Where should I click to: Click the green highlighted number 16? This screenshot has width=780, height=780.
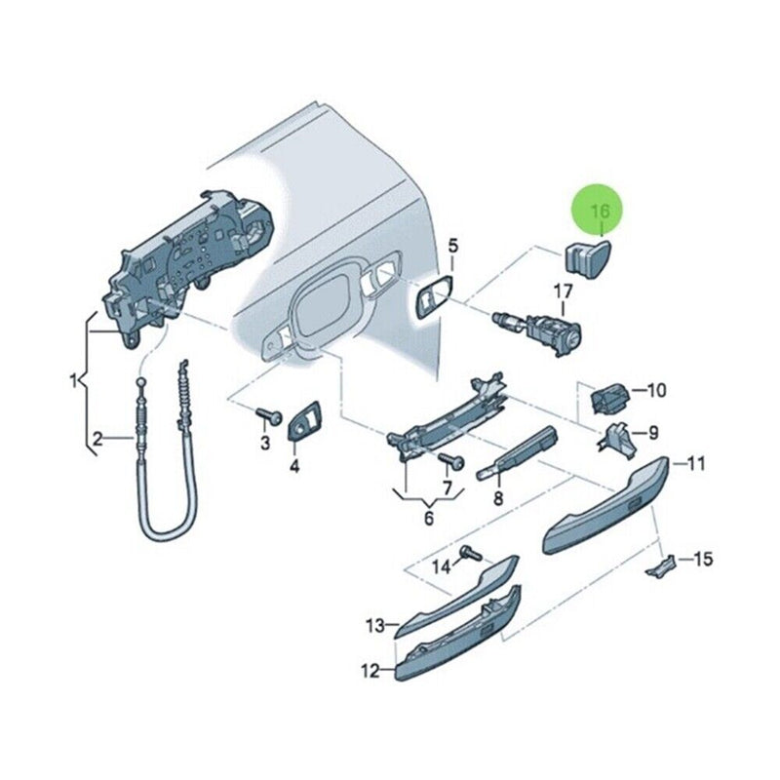pos(600,211)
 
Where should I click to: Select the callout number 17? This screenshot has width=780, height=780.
pos(565,292)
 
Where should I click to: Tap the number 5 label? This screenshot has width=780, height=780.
pos(452,246)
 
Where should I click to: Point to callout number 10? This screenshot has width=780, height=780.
pos(656,391)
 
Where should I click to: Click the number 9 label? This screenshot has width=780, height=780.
pos(652,432)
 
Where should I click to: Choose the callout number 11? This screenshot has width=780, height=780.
pos(695,464)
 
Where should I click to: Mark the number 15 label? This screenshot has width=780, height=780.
pos(703,559)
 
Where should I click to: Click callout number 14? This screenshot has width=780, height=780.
pos(442,566)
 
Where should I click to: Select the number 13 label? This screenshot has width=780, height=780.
pos(375,625)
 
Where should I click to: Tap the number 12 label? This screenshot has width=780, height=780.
pos(370,671)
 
